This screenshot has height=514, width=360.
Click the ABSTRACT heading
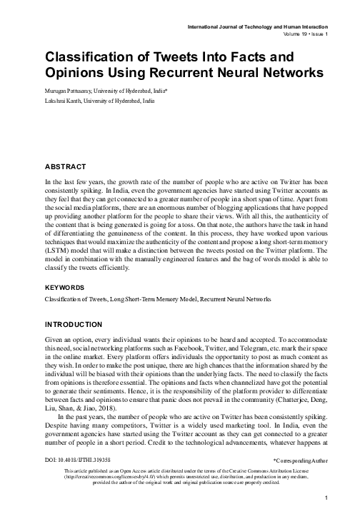click(65, 166)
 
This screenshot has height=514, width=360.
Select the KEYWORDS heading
click(64, 287)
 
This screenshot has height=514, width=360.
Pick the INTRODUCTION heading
click(74, 323)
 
